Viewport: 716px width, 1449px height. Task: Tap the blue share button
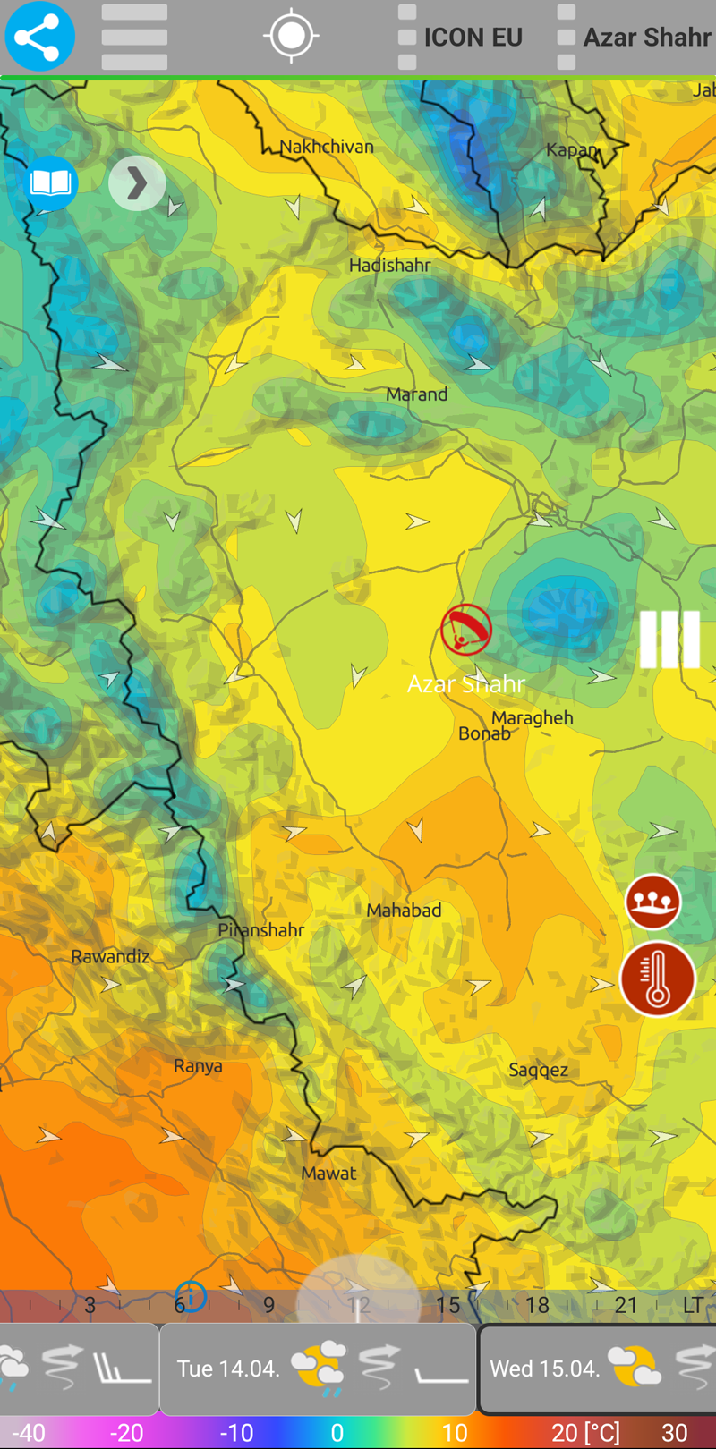pyautogui.click(x=39, y=37)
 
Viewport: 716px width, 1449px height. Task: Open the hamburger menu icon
pyautogui.click(x=134, y=37)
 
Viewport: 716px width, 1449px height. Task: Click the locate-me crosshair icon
pyautogui.click(x=291, y=36)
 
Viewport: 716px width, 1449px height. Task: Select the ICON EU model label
pyautogui.click(x=473, y=38)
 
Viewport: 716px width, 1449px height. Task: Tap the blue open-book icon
pyautogui.click(x=50, y=183)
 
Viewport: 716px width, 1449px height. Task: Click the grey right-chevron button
pyautogui.click(x=136, y=183)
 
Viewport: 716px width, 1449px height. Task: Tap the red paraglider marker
pyautogui.click(x=465, y=630)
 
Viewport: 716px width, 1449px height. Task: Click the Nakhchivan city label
pyautogui.click(x=327, y=147)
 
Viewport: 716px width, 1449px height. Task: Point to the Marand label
pyautogui.click(x=416, y=394)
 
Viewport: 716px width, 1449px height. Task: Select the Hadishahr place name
pyautogui.click(x=389, y=266)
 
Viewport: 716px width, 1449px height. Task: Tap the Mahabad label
pyautogui.click(x=404, y=911)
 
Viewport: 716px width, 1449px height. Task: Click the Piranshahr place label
pyautogui.click(x=261, y=930)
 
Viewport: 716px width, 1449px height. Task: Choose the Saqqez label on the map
pyautogui.click(x=538, y=1070)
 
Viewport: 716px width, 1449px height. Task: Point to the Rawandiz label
pyautogui.click(x=110, y=957)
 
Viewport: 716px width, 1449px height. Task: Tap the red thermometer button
pyautogui.click(x=658, y=979)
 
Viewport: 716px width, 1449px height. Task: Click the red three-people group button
pyautogui.click(x=652, y=902)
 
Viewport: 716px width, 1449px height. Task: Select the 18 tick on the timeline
pyautogui.click(x=537, y=1305)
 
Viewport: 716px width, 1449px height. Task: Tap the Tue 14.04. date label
pyautogui.click(x=228, y=1368)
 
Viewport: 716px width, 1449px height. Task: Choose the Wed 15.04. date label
pyautogui.click(x=545, y=1368)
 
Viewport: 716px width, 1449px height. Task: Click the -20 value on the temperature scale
pyautogui.click(x=126, y=1433)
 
